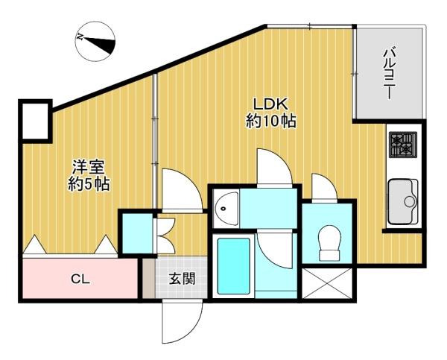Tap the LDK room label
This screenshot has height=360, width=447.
270,104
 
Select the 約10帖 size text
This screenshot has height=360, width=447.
270,121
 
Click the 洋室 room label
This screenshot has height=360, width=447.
89,168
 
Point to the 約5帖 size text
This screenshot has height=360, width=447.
89,184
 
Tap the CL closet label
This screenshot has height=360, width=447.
80,280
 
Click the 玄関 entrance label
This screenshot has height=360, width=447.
182,279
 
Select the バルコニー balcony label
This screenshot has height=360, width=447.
390,74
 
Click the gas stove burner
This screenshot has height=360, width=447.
403,145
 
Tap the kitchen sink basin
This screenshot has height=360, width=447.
403,201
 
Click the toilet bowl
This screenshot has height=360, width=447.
329,243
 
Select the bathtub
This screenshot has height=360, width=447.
233,266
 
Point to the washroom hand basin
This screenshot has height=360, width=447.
226,209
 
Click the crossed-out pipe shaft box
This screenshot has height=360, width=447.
327,283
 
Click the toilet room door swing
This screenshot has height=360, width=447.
324,187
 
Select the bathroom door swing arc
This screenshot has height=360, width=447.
274,250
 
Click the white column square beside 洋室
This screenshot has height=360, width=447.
35,121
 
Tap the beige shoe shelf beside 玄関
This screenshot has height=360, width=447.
148,279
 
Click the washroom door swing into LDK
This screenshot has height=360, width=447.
274,168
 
